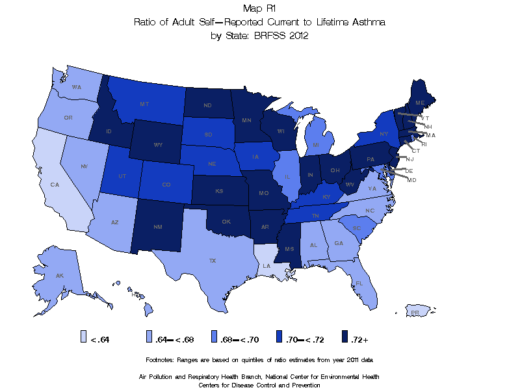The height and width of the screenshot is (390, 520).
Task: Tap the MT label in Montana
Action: click(144, 103)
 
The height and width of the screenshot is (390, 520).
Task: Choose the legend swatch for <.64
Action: click(84, 337)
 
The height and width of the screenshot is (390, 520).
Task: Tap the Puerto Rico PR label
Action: click(414, 313)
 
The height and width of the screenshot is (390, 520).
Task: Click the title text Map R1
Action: click(259, 8)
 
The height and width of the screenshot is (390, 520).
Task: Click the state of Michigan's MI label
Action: click(315, 144)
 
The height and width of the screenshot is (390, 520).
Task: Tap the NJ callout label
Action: click(409, 159)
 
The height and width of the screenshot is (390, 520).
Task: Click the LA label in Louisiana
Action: click(267, 265)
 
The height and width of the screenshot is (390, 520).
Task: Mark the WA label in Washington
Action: click(77, 87)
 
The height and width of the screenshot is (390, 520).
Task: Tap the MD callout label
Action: click(411, 179)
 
